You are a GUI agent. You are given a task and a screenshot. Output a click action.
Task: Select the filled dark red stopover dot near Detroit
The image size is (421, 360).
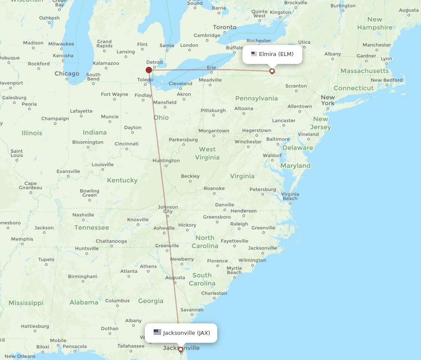pyautogui.click(x=149, y=70)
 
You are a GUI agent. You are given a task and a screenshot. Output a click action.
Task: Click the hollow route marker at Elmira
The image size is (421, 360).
pyautogui.click(x=272, y=71)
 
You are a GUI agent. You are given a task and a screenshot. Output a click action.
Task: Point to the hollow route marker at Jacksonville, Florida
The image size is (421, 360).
pyautogui.click(x=181, y=349)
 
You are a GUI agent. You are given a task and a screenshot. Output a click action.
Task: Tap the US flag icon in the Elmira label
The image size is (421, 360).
pyautogui.click(x=254, y=54)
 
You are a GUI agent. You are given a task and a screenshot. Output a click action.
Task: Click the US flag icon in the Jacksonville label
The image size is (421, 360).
pyautogui.click(x=157, y=332)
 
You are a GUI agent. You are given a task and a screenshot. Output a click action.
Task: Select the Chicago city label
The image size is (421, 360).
pyautogui.click(x=67, y=74)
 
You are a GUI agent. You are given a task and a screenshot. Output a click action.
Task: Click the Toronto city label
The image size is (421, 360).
pyautogui.click(x=224, y=27)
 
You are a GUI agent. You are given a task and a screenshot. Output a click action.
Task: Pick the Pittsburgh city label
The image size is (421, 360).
pyautogui.click(x=213, y=110)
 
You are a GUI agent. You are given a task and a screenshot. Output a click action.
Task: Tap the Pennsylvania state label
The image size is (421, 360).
pyautogui.click(x=256, y=98)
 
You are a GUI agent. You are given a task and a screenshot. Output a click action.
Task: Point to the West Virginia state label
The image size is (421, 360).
pyautogui.click(x=207, y=153)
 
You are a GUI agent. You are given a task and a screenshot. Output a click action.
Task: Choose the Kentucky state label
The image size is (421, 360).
pyautogui.click(x=122, y=180)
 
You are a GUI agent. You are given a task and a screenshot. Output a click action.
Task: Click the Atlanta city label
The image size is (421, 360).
pyautogui.click(x=129, y=271)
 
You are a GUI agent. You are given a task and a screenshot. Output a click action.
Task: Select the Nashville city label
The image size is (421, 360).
pyautogui.click(x=83, y=214)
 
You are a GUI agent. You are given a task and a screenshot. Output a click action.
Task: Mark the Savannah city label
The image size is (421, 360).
pyautogui.click(x=192, y=310)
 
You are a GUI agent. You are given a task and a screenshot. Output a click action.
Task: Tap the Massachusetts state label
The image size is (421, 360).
pyautogui.click(x=365, y=71)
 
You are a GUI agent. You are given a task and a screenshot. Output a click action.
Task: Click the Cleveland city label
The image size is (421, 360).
pyautogui.click(x=180, y=83)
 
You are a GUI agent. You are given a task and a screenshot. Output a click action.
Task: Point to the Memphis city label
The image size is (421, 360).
pyautogui.click(x=22, y=239)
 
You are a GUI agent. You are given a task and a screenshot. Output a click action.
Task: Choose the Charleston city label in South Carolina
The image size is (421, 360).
pyautogui.click(x=214, y=293)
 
